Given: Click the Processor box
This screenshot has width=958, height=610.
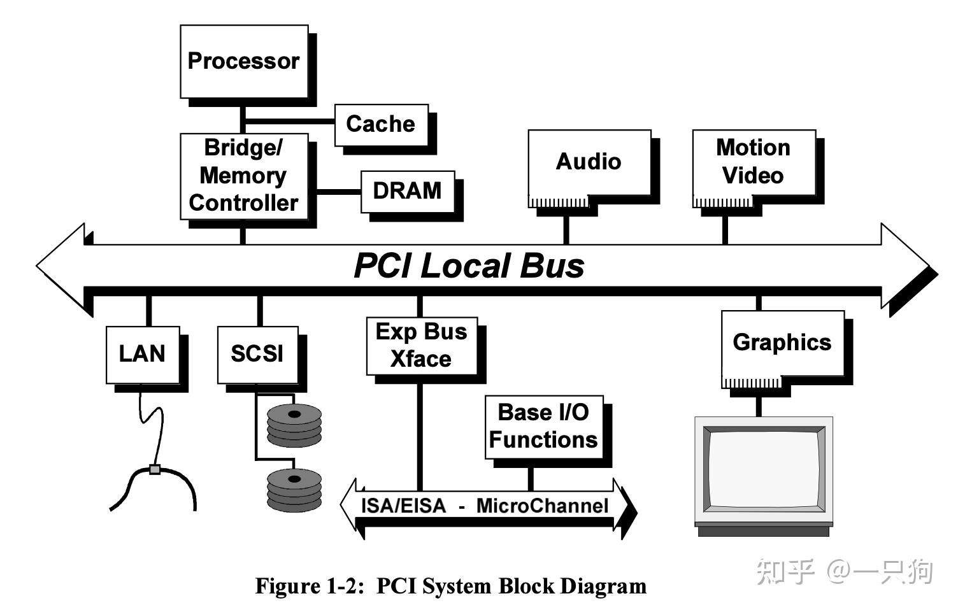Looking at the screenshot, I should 244,61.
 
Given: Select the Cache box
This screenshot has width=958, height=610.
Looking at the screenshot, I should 381,124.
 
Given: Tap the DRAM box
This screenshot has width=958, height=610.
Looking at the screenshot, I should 408,191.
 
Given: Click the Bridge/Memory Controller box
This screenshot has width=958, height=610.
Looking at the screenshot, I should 244,176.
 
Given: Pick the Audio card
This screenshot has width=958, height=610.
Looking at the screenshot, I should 589,163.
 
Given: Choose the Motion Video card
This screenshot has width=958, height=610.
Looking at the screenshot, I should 754,163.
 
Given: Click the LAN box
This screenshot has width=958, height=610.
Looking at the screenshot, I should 143,354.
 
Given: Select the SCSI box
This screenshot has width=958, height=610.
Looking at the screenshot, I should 257,354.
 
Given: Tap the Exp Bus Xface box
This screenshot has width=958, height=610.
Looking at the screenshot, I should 422,346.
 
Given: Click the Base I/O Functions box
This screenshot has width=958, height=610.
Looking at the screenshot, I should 544,427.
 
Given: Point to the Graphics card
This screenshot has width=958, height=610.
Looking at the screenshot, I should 782,344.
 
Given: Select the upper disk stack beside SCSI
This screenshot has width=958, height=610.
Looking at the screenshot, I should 294,425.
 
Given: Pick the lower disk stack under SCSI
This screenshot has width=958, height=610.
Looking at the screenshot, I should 294,490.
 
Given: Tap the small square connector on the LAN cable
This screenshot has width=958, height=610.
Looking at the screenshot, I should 154,469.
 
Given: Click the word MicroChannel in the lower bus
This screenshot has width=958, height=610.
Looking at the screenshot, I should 542,506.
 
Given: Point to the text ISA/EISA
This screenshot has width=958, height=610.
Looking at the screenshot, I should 403,506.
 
